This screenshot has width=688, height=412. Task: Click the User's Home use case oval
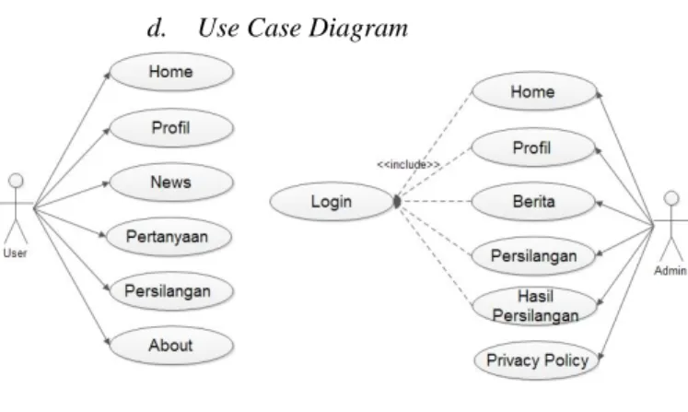pyautogui.click(x=171, y=72)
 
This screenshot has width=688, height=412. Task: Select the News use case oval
pyautogui.click(x=171, y=182)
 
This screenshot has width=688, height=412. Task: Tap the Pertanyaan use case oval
pyautogui.click(x=169, y=237)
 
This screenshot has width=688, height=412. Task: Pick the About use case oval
pyautogui.click(x=171, y=346)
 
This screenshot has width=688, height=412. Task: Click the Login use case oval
pyautogui.click(x=332, y=202)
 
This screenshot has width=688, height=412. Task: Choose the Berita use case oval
pyautogui.click(x=533, y=202)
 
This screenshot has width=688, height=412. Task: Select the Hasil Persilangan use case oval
pyautogui.click(x=534, y=306)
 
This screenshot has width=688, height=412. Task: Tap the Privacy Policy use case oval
pyautogui.click(x=537, y=360)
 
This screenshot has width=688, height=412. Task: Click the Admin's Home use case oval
pyautogui.click(x=534, y=91)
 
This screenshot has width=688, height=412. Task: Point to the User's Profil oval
pyautogui.click(x=171, y=128)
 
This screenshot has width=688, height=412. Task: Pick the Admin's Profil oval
pyautogui.click(x=533, y=147)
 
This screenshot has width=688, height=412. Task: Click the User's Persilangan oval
pyautogui.click(x=171, y=291)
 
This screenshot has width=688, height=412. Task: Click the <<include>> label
pyautogui.click(x=409, y=165)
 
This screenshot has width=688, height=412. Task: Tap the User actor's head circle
pyautogui.click(x=17, y=181)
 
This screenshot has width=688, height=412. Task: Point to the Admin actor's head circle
pyautogui.click(x=671, y=198)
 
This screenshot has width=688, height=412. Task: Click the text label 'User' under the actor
pyautogui.click(x=15, y=253)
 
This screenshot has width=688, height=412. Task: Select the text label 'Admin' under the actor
pyautogui.click(x=671, y=271)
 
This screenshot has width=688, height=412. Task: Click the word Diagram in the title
pyautogui.click(x=358, y=28)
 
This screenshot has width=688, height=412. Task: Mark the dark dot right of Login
pyautogui.click(x=397, y=202)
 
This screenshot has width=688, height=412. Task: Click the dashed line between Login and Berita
pyautogui.click(x=437, y=202)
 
